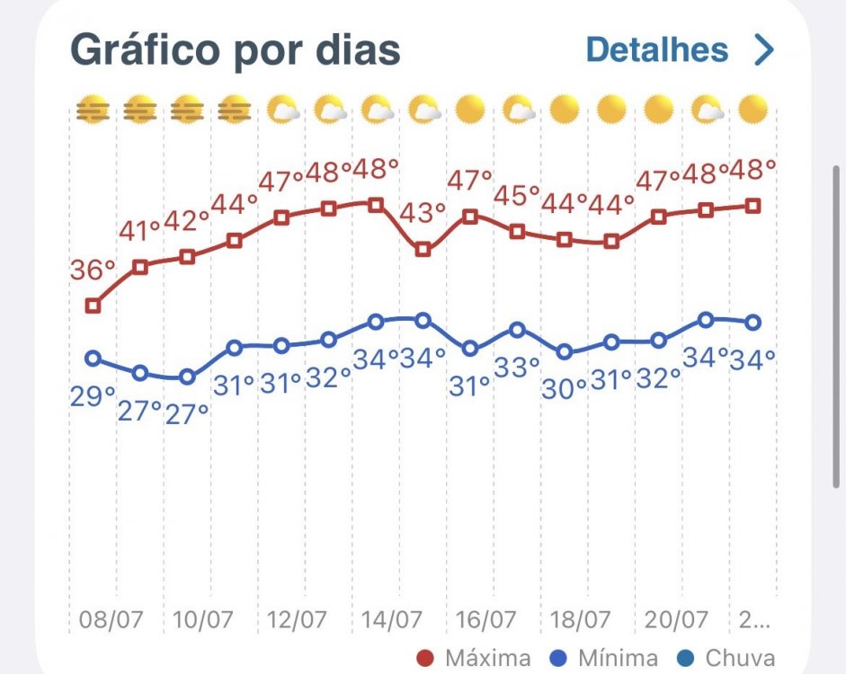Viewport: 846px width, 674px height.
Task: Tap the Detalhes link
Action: coord(657,49)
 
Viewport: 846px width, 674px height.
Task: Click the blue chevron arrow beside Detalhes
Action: coord(764,49)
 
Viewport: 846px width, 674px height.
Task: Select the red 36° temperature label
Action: coord(93,269)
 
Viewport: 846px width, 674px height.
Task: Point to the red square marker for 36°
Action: coord(93,306)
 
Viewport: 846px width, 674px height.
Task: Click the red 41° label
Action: coord(139,231)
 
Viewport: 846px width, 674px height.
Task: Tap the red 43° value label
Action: coord(423,213)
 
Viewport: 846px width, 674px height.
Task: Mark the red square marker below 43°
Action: coord(423,250)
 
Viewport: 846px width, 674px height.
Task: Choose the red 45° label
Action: coord(517,195)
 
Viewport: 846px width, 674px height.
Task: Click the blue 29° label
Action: coord(93,397)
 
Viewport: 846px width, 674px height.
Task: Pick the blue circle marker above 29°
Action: coord(93,358)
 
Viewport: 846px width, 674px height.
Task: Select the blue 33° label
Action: coord(517,368)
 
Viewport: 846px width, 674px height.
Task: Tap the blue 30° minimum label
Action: coord(565,389)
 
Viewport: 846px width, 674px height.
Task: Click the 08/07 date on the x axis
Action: coord(111,619)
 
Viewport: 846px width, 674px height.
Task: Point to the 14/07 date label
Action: coord(392,619)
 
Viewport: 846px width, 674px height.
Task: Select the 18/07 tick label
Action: coord(581,619)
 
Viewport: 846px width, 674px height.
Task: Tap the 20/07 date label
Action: coord(675,619)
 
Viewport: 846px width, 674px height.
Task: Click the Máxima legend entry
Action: coord(475,659)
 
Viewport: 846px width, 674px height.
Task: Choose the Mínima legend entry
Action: coord(604,659)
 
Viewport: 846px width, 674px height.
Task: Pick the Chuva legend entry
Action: coord(726,659)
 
